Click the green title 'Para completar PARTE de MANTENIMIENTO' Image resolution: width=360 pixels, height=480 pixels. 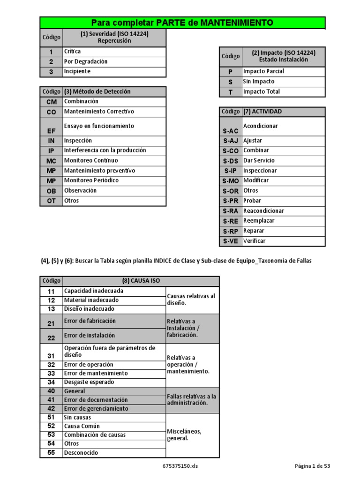[182, 23]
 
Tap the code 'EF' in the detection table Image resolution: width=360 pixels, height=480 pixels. [51, 131]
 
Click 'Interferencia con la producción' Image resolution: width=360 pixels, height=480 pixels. [105, 150]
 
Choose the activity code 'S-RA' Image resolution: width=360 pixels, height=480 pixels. [231, 211]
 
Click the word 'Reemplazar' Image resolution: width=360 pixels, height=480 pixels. [259, 221]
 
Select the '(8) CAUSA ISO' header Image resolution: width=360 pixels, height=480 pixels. [141, 281]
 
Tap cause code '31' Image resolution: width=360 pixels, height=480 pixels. [51, 356]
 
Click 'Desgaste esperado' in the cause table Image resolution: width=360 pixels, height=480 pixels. [89, 382]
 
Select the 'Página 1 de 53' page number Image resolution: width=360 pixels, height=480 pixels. [312, 466]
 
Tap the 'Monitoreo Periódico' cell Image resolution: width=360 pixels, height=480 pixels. [91, 180]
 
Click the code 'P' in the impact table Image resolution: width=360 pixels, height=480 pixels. [230, 72]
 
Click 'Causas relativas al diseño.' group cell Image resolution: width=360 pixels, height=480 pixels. [191, 300]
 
